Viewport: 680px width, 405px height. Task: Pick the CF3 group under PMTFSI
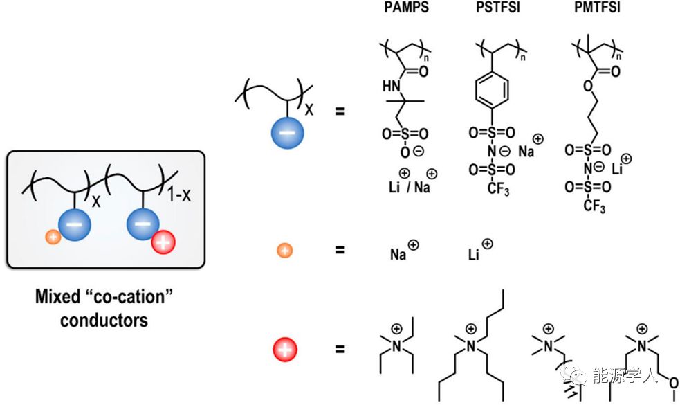pyautogui.click(x=594, y=206)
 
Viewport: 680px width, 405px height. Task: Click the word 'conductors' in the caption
pyautogui.click(x=104, y=321)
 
